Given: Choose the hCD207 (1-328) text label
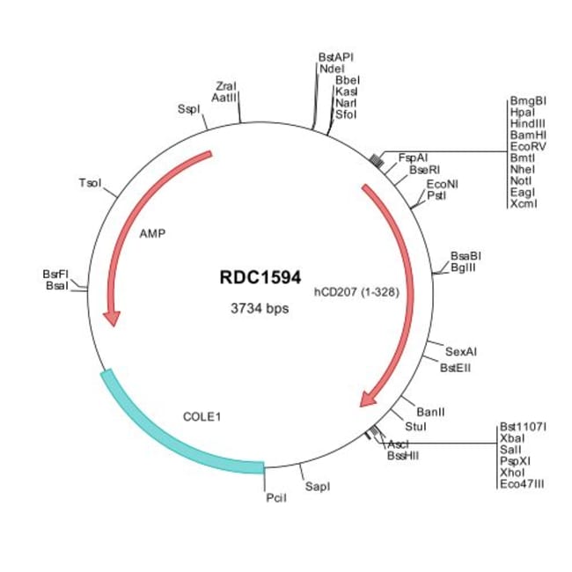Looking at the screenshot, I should [x=357, y=291].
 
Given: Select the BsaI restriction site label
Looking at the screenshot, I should [x=57, y=287].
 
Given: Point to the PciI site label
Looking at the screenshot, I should [x=275, y=498].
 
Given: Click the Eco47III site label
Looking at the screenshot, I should [x=522, y=483].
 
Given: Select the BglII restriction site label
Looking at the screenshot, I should [x=463, y=268].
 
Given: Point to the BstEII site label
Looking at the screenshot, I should [x=455, y=368].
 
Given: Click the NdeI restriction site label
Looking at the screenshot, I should [x=333, y=68].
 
